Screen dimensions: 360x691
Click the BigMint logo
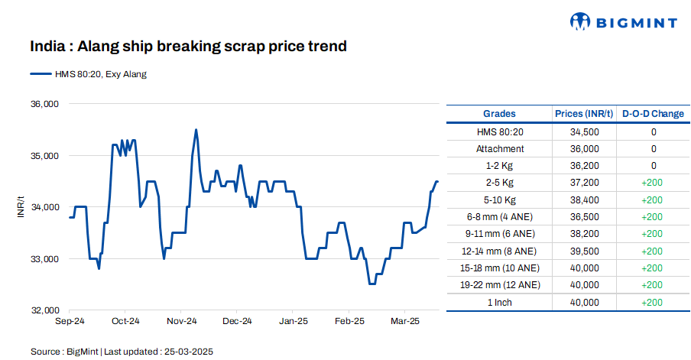624,22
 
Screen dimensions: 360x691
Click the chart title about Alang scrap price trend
188,47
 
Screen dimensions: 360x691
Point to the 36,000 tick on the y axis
45,104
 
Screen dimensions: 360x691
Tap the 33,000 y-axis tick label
45,259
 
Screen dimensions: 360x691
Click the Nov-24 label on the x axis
182,321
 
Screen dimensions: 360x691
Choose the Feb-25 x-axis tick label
349,321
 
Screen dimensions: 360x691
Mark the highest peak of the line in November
196,130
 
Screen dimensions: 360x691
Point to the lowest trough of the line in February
372,284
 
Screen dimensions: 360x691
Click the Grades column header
500,114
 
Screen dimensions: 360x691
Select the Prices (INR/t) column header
584,114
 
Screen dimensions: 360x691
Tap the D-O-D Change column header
653,114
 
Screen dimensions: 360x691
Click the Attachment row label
500,149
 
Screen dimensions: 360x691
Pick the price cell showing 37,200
584,183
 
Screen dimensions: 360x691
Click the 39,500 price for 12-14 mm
584,251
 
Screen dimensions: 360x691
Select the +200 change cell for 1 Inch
653,302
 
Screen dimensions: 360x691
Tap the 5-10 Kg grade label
500,200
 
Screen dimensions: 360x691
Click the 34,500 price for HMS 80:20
584,132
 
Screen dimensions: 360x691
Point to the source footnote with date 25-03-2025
122,351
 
